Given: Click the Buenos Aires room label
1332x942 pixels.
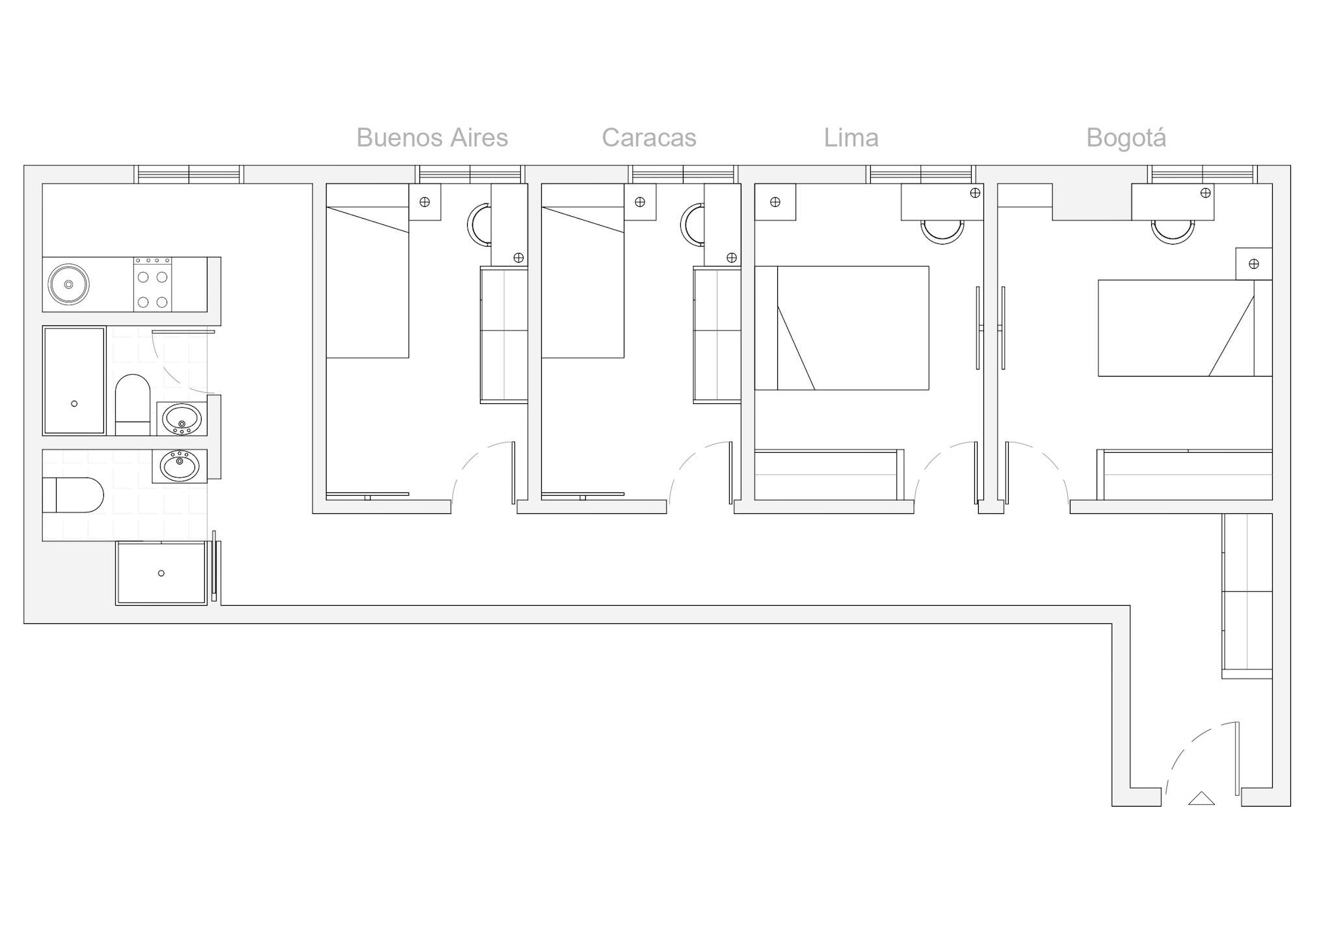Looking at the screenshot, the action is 432,137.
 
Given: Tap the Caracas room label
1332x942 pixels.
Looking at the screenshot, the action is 649,137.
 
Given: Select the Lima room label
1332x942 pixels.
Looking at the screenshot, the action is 851,137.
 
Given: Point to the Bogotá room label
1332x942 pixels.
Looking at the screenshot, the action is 1126,137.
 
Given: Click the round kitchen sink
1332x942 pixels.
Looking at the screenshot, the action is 68,284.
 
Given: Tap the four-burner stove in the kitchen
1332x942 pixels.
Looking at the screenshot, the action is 153,285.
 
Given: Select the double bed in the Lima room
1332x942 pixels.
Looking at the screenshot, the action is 842,328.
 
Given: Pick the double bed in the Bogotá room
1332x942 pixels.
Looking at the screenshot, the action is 1185,328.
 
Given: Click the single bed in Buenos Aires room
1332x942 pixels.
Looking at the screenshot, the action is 367,271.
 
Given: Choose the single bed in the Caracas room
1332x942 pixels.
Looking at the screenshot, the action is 583,271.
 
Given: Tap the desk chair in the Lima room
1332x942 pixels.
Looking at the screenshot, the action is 942,232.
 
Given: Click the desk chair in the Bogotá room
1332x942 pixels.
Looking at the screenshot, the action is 1173,232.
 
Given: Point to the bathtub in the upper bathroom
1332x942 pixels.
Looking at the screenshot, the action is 74,381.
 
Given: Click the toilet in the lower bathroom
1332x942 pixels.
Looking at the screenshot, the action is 73,495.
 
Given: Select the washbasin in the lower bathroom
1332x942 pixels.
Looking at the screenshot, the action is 180,466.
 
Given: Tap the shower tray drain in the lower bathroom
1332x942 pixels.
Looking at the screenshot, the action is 161,573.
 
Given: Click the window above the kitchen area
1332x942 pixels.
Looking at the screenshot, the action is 189,174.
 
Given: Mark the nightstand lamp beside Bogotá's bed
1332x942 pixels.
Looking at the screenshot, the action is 1254,263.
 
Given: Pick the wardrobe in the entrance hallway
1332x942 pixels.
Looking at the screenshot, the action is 1247,596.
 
